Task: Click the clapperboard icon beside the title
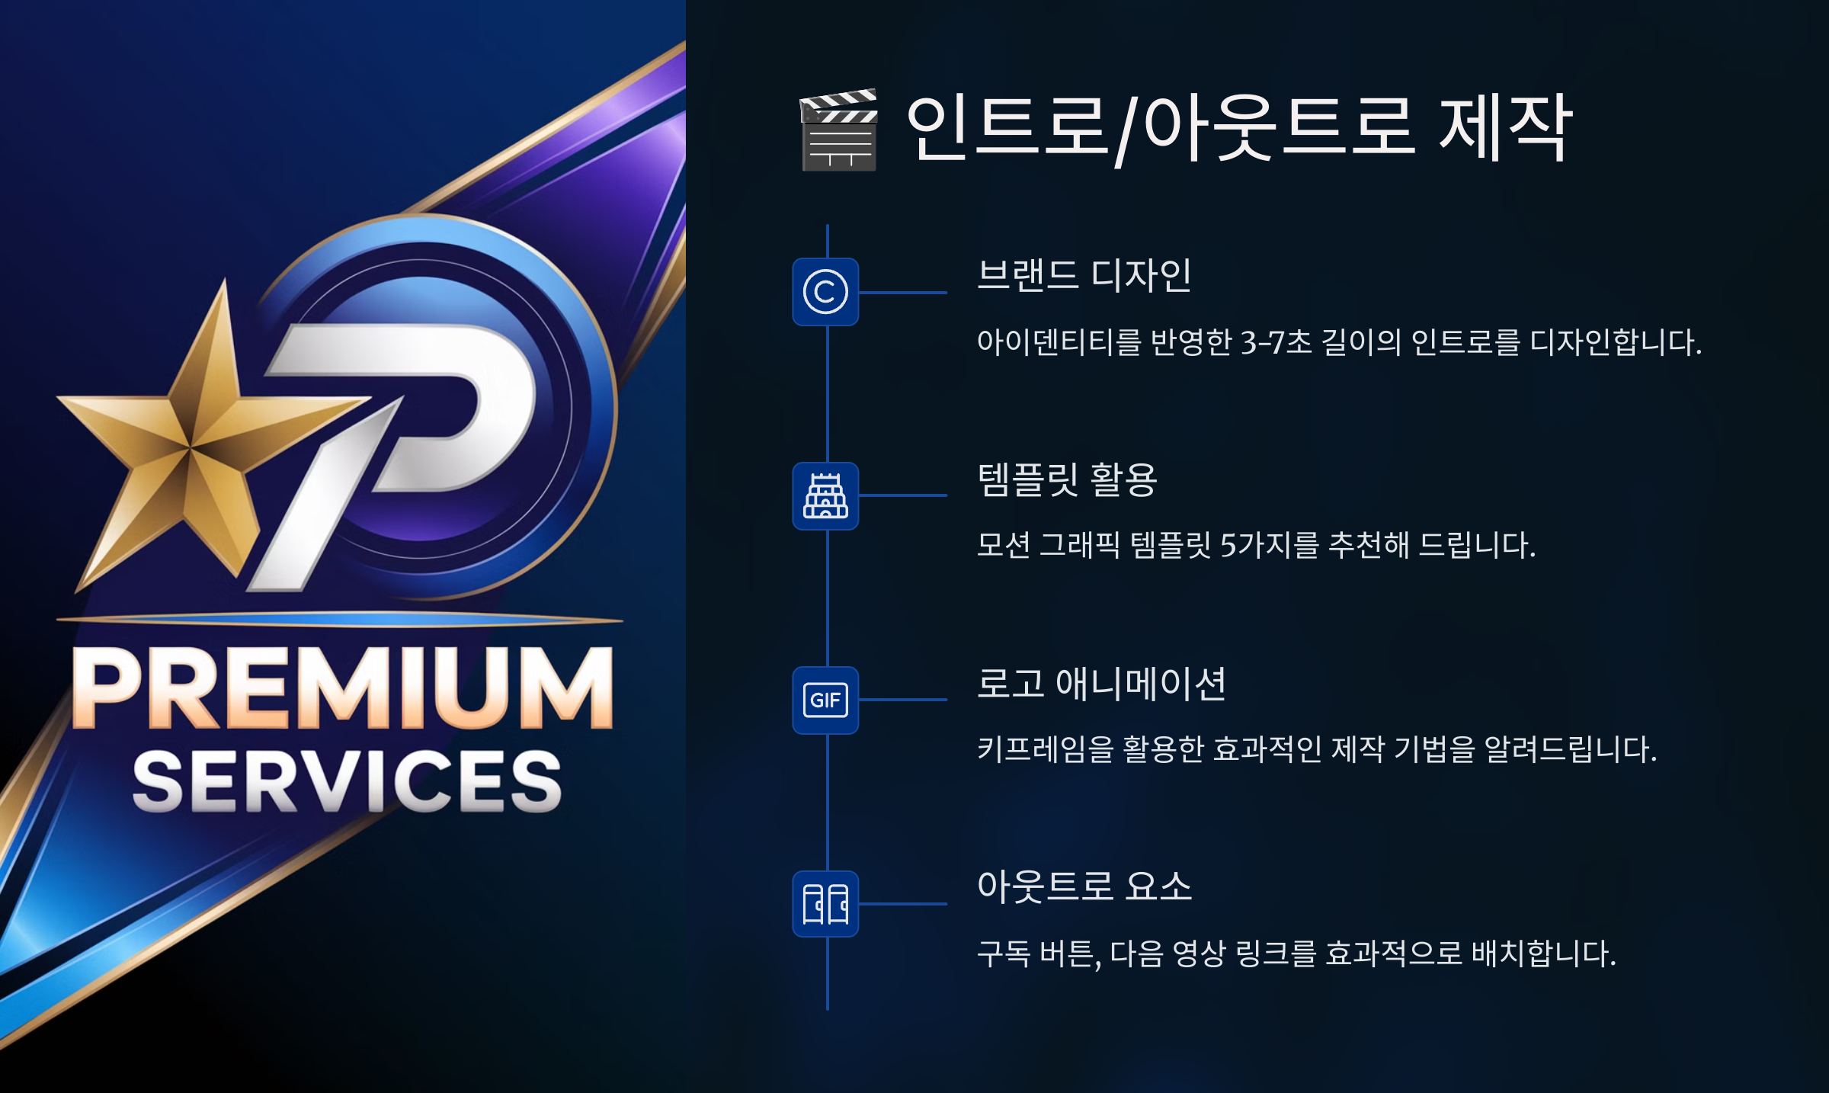[x=838, y=130]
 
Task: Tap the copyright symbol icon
[x=825, y=292]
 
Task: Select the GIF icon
[x=825, y=700]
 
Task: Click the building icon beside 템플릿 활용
[x=825, y=495]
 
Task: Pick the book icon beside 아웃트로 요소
[x=825, y=904]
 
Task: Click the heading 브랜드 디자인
[x=1084, y=275]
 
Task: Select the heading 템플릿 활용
[x=1067, y=479]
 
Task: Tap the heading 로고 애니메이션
[x=1101, y=684]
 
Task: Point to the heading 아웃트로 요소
[x=1084, y=886]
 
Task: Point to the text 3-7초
[x=1276, y=342]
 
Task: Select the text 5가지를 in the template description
[x=1269, y=546]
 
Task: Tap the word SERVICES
[x=347, y=781]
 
